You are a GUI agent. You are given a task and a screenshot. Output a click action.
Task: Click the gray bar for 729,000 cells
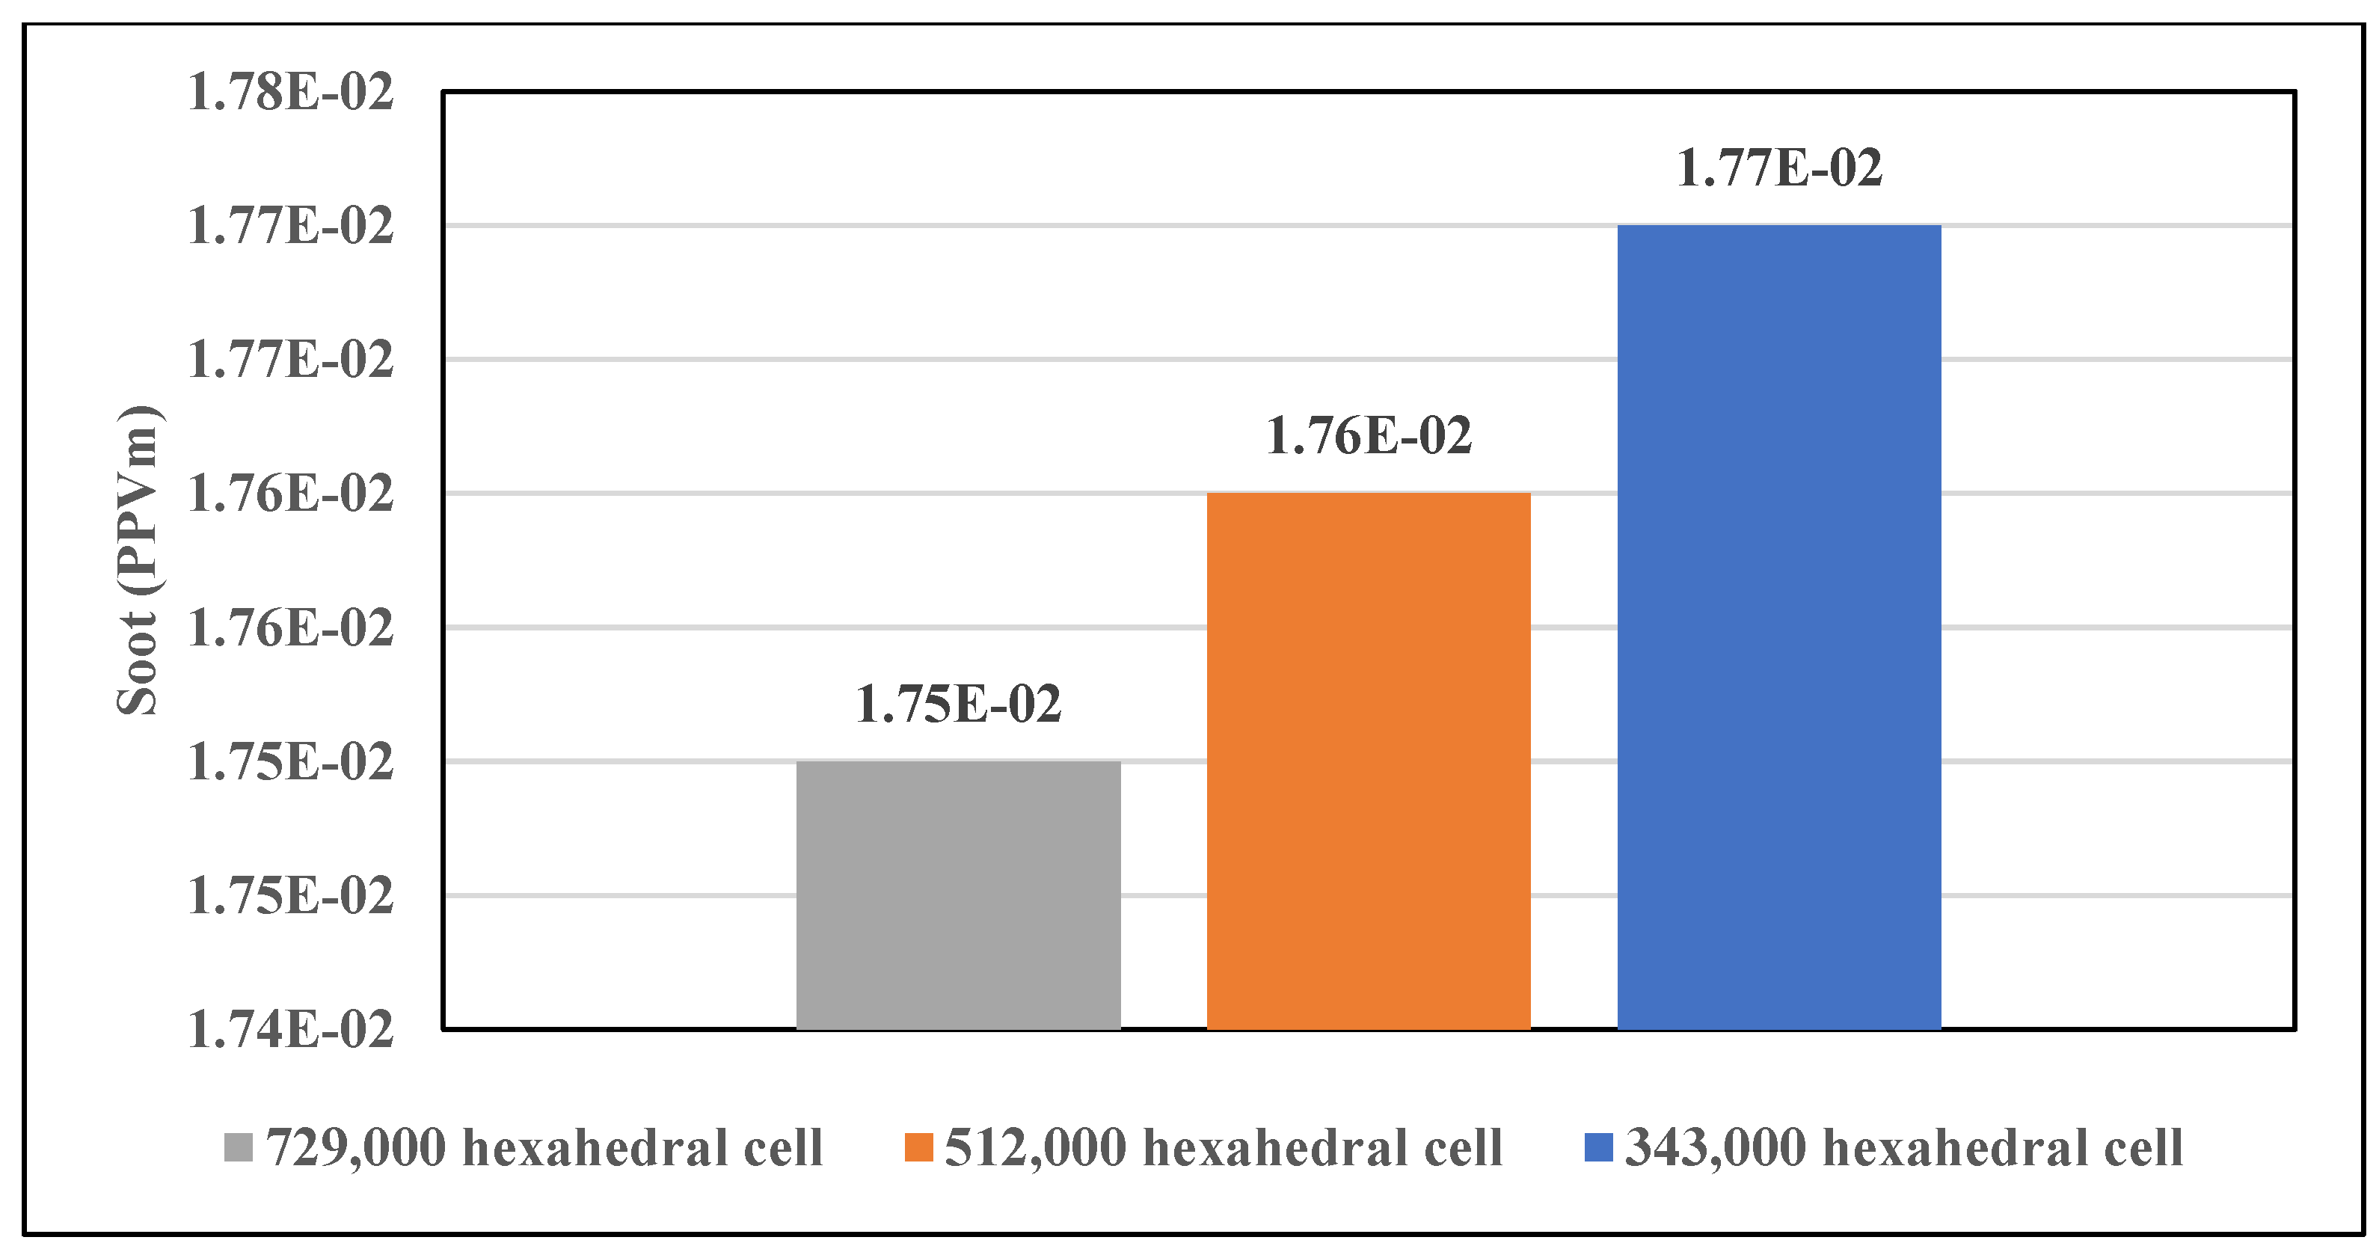[958, 894]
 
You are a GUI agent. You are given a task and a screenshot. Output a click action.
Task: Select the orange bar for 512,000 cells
[1368, 761]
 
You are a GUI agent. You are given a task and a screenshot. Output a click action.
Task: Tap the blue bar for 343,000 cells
[1778, 626]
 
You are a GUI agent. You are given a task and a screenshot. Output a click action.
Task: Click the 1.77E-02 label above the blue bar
[1778, 168]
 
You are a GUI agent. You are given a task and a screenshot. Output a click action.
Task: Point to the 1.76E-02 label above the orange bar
[1368, 436]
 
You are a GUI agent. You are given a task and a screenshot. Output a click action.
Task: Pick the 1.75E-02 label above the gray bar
[958, 704]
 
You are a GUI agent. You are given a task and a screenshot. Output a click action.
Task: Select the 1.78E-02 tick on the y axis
[290, 93]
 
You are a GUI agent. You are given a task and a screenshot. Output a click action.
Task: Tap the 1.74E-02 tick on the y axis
[290, 1029]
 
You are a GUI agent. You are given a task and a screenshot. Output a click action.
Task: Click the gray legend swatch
[239, 1147]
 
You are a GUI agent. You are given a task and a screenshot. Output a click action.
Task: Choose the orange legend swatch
[918, 1147]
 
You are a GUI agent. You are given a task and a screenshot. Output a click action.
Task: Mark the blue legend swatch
[1599, 1147]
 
